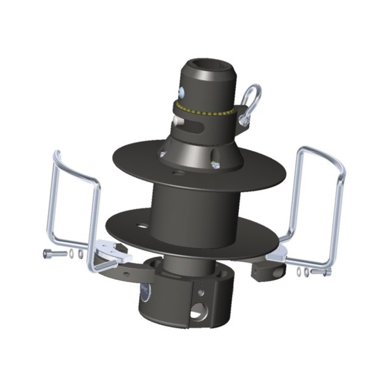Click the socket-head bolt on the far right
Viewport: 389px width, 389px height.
click(x=322, y=272)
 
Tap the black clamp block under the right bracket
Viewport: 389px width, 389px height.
click(x=268, y=271)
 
